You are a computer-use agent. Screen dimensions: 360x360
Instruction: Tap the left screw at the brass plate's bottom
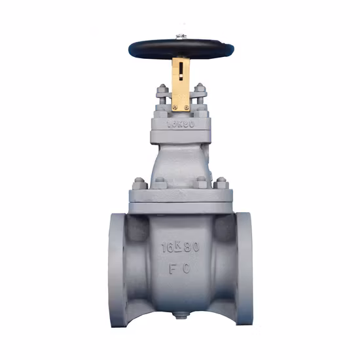175,107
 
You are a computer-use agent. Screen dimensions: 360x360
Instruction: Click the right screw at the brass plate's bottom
188,107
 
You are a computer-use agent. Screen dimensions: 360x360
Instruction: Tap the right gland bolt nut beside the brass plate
200,90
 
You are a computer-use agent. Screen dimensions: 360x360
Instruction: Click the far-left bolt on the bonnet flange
138,183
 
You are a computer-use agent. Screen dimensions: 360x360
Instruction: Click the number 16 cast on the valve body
167,248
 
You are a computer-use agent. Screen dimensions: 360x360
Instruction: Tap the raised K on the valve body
180,244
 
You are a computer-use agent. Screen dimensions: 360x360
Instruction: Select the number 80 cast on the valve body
192,248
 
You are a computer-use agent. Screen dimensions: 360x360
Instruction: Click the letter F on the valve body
171,268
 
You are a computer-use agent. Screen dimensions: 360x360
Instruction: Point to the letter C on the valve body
189,268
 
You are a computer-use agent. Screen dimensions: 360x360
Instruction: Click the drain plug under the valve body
181,321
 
